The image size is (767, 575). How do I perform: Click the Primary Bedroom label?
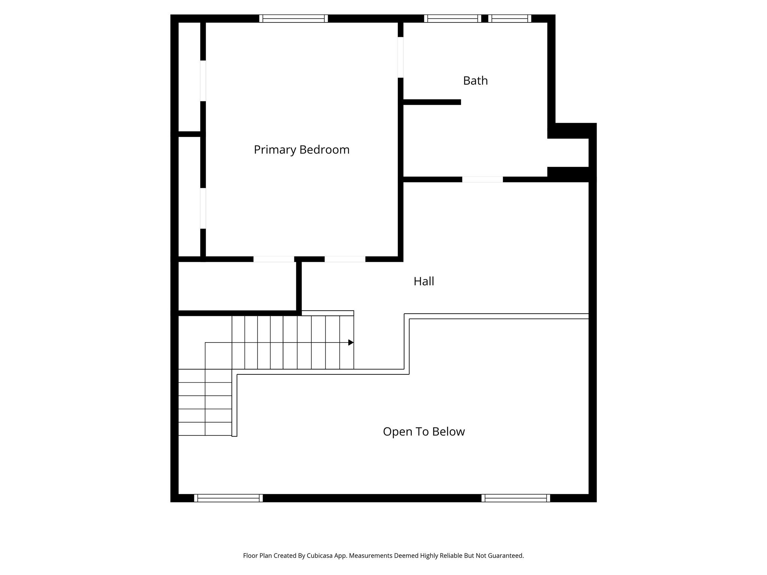301,150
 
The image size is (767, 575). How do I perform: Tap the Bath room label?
475,81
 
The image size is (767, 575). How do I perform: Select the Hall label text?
424,281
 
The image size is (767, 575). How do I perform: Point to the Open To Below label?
424,432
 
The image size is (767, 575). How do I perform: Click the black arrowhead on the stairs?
351,343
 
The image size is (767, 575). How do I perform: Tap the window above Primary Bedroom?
294,18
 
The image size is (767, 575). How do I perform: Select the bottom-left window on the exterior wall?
228,498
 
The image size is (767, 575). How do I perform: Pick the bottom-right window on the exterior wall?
516,498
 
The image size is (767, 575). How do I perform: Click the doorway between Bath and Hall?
482,180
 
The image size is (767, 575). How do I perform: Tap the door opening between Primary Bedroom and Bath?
400,57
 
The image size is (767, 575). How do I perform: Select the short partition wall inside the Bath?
431,102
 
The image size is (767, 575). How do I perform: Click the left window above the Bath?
452,18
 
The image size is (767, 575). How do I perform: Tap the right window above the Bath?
510,18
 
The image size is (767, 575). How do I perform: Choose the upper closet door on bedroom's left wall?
203,80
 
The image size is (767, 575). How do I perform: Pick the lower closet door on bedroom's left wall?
203,208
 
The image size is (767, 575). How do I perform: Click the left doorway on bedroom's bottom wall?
274,259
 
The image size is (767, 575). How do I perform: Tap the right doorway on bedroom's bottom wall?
345,259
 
